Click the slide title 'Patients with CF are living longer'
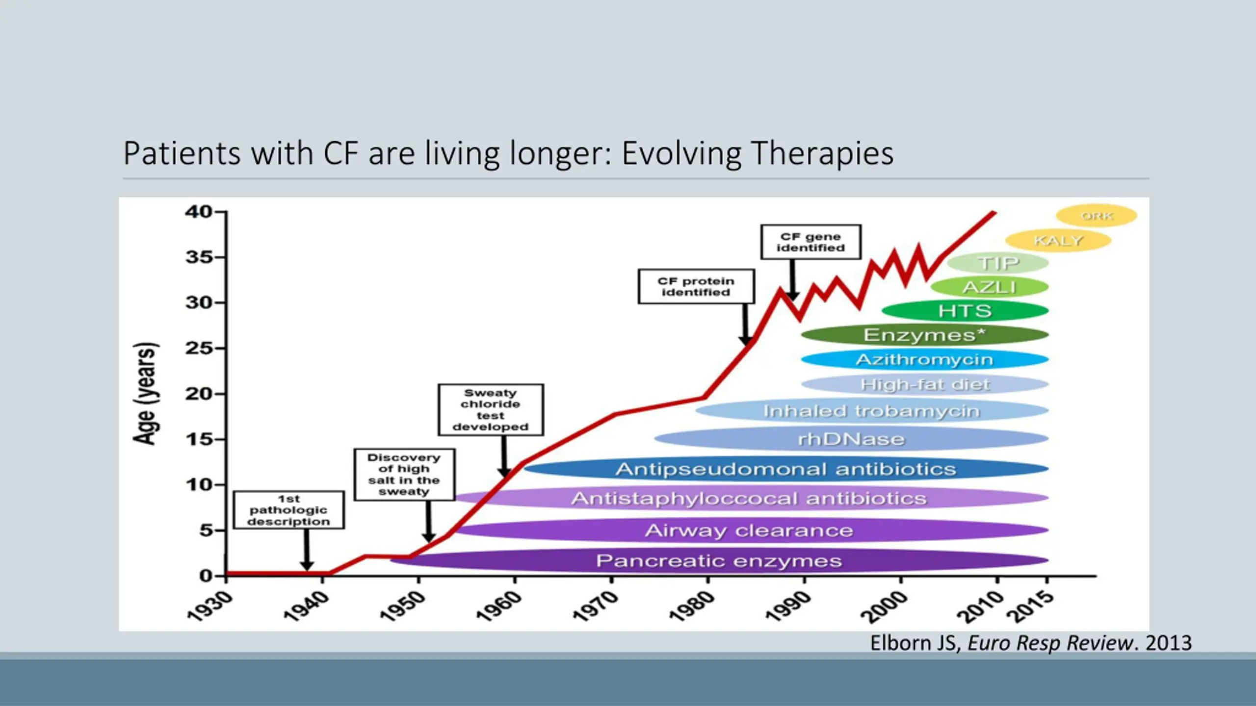pos(508,153)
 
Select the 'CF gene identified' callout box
pos(811,242)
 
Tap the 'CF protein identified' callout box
pos(696,286)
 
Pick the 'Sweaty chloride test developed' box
pos(491,410)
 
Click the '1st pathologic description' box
pos(288,510)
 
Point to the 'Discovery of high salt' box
pos(404,475)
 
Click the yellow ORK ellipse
pos(1097,216)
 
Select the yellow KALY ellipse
pos(1058,240)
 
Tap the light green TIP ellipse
pos(998,263)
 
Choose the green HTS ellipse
pos(965,311)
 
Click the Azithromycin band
pos(924,359)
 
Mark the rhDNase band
pos(851,439)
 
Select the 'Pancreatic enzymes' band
pos(719,560)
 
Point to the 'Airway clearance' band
pos(749,530)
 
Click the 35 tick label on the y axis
pos(199,257)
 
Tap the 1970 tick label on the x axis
pos(595,606)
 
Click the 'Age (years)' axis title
pos(145,394)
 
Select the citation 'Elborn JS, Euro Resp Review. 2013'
pos(1030,643)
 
